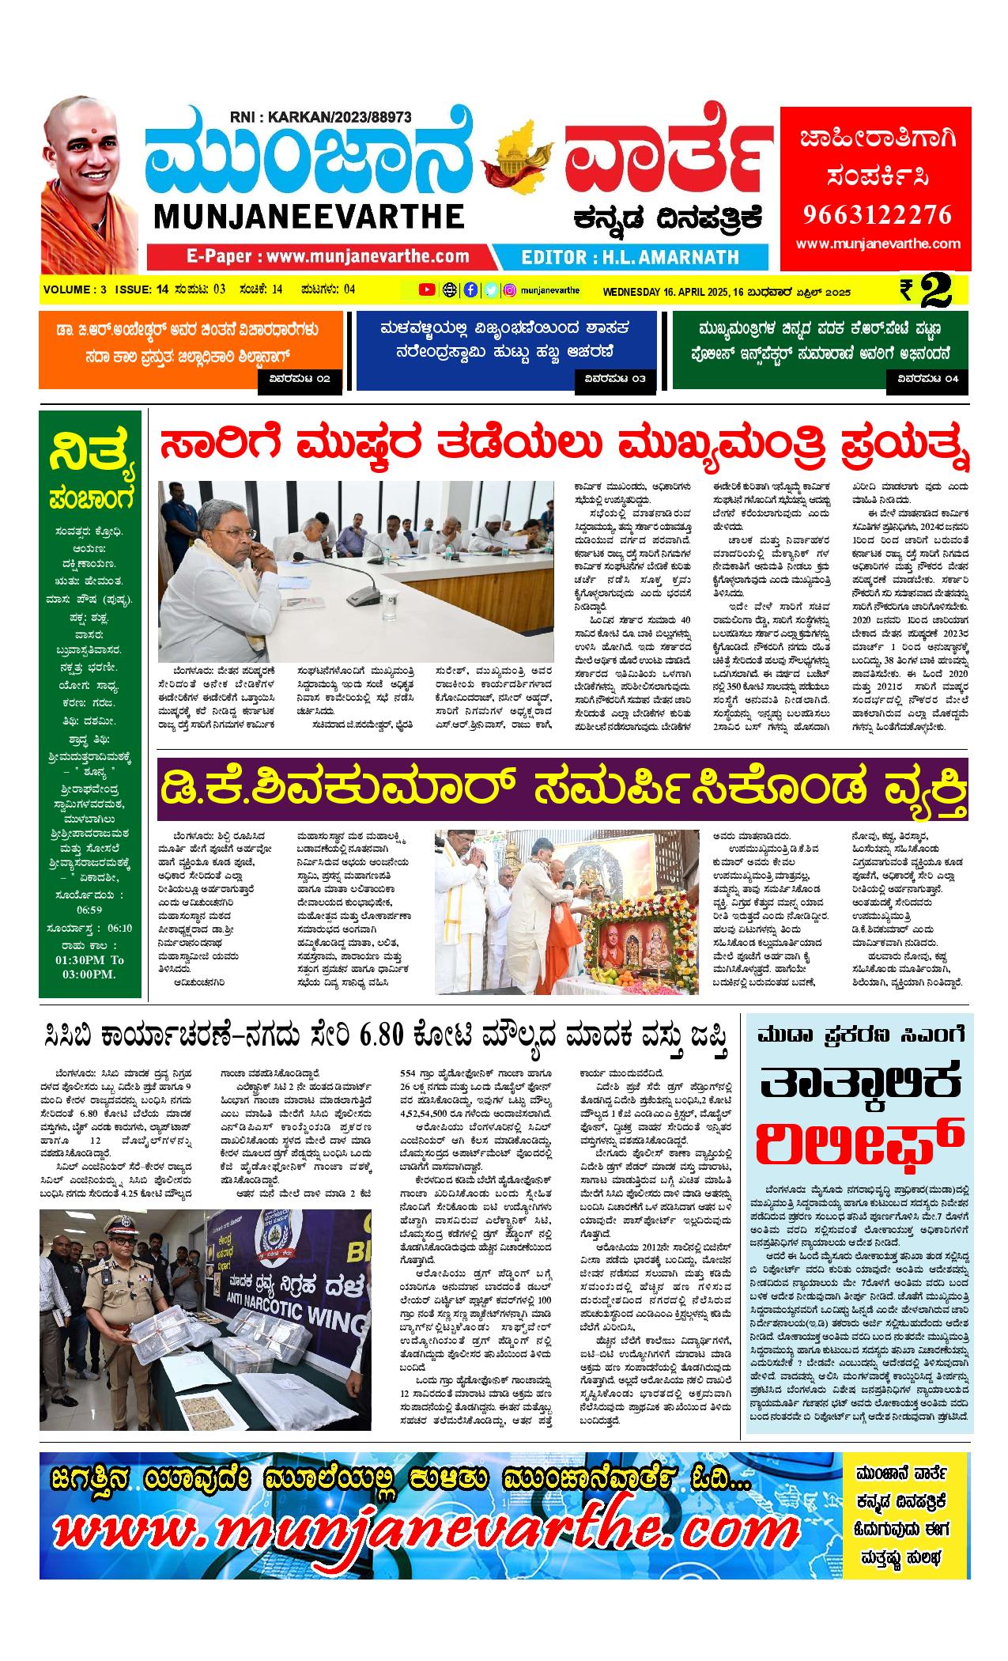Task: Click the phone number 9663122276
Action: tap(876, 215)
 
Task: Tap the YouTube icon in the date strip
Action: tap(426, 289)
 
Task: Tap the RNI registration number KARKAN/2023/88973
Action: tap(320, 117)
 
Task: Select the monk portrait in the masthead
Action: tap(89, 186)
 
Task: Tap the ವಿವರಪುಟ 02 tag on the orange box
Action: tap(300, 380)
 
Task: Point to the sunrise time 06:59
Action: tap(89, 910)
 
